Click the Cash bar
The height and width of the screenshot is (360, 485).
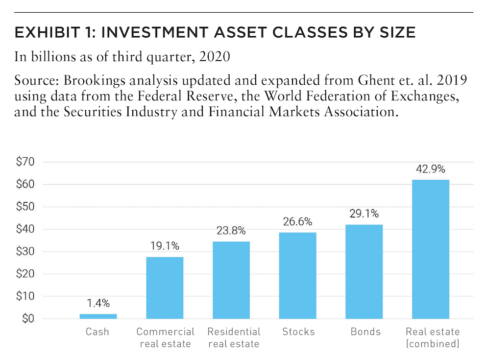(x=98, y=316)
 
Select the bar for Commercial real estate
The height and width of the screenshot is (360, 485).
(x=165, y=288)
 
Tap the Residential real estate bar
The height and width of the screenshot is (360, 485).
(x=231, y=280)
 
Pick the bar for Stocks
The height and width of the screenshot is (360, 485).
(x=297, y=276)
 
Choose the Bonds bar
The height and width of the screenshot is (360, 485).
(x=364, y=271)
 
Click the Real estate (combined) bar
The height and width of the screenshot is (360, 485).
(x=431, y=249)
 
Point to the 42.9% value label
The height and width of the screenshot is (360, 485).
(x=431, y=169)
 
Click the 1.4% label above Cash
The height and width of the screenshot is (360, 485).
(x=98, y=303)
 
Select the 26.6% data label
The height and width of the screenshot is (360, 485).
(x=297, y=221)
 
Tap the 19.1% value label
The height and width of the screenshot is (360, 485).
(x=165, y=246)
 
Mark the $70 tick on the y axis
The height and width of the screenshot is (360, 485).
(x=25, y=162)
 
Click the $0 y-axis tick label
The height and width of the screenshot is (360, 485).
(x=28, y=318)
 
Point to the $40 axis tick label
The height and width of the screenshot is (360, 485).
(x=25, y=229)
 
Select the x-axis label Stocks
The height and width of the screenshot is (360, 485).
(x=298, y=332)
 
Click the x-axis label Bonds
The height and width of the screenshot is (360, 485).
(x=365, y=332)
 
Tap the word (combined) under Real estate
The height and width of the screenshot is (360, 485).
(x=433, y=344)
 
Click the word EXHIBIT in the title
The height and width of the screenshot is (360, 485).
(x=48, y=32)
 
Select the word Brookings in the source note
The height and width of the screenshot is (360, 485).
(x=95, y=81)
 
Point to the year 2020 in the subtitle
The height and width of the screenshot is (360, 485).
(x=215, y=57)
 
